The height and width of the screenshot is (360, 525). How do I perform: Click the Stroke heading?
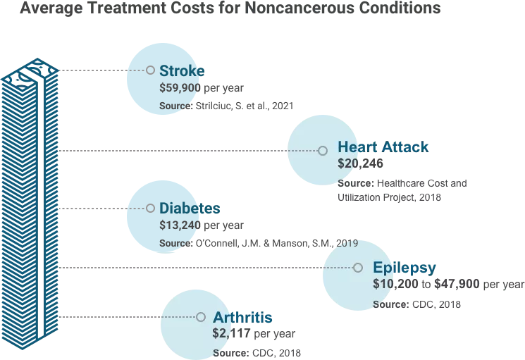pos(182,70)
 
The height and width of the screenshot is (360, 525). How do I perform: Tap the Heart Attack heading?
pos(383,147)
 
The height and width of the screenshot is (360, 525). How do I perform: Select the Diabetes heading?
pos(190,209)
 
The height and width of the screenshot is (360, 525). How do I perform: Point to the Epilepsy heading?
pos(404,268)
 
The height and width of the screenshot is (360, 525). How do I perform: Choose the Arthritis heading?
pos(242,317)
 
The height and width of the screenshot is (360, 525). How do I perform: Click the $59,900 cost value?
pos(180,88)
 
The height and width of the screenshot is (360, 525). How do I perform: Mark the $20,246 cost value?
pos(360,163)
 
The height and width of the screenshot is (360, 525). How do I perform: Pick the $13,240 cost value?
pos(180,225)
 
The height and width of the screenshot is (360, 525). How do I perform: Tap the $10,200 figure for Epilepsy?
pos(395,285)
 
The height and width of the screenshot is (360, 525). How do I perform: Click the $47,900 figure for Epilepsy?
pos(457,285)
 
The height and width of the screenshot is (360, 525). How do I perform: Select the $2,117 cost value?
pos(231,334)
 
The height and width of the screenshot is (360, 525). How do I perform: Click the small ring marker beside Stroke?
pos(150,70)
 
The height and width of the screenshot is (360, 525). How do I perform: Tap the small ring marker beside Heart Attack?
pos(323,151)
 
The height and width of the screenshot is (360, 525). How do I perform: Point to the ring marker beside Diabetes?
pos(150,209)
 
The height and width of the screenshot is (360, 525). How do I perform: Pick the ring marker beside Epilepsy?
pos(357,268)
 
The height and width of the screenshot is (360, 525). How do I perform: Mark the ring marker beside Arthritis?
pos(201,318)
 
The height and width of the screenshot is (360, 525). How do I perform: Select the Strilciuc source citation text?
pos(243,106)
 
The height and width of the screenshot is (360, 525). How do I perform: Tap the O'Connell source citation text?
pos(276,244)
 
